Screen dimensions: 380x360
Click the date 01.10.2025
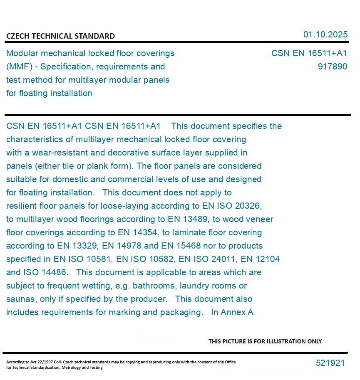[x=325, y=35]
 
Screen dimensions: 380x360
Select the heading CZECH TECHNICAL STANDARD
[x=60, y=36]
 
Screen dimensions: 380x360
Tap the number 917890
[x=332, y=67]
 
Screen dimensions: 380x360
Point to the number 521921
[x=330, y=363]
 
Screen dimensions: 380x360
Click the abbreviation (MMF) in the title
[x=19, y=67]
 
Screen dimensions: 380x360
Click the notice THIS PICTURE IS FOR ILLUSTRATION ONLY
[x=265, y=341]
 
